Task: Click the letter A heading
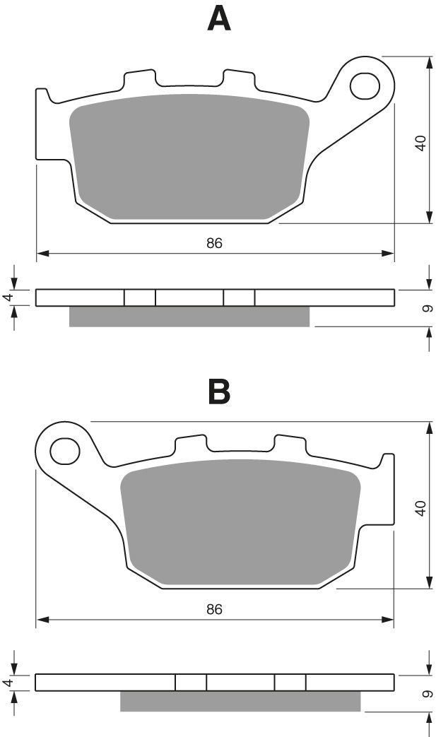click(218, 19)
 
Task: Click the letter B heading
click(218, 391)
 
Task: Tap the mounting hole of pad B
click(64, 450)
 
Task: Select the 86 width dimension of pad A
click(214, 243)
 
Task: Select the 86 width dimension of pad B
click(214, 609)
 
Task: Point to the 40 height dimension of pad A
click(420, 143)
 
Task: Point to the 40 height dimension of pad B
click(420, 507)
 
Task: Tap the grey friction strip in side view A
click(189, 317)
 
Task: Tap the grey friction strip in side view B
click(240, 701)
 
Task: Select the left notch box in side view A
click(140, 297)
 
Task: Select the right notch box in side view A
click(239, 297)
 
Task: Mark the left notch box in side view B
click(191, 682)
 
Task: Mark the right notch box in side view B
click(290, 682)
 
